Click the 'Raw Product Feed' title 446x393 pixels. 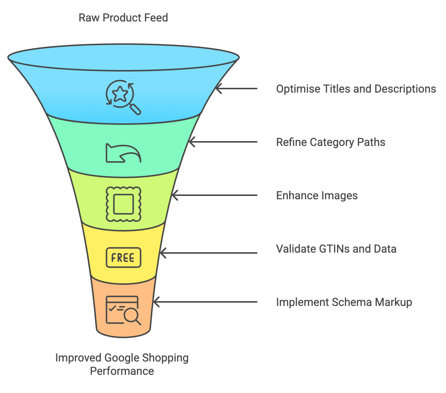click(x=123, y=18)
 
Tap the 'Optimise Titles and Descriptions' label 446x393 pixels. click(x=356, y=89)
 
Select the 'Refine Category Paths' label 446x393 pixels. click(x=330, y=142)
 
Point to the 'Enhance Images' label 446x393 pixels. click(x=317, y=196)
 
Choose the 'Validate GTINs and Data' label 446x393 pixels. click(x=336, y=249)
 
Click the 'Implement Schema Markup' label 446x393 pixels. click(x=344, y=302)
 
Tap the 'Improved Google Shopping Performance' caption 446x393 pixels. click(x=122, y=364)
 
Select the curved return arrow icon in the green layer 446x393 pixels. click(x=123, y=153)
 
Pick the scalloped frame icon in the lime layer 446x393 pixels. click(x=123, y=204)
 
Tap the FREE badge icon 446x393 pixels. click(x=123, y=257)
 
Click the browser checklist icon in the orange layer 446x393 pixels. click(x=123, y=310)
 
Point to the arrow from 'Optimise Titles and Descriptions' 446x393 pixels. click(x=236, y=89)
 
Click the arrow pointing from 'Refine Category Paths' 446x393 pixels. click(x=223, y=142)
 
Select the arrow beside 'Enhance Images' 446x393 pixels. click(x=214, y=195)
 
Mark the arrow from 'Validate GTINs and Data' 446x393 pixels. click(x=208, y=253)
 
